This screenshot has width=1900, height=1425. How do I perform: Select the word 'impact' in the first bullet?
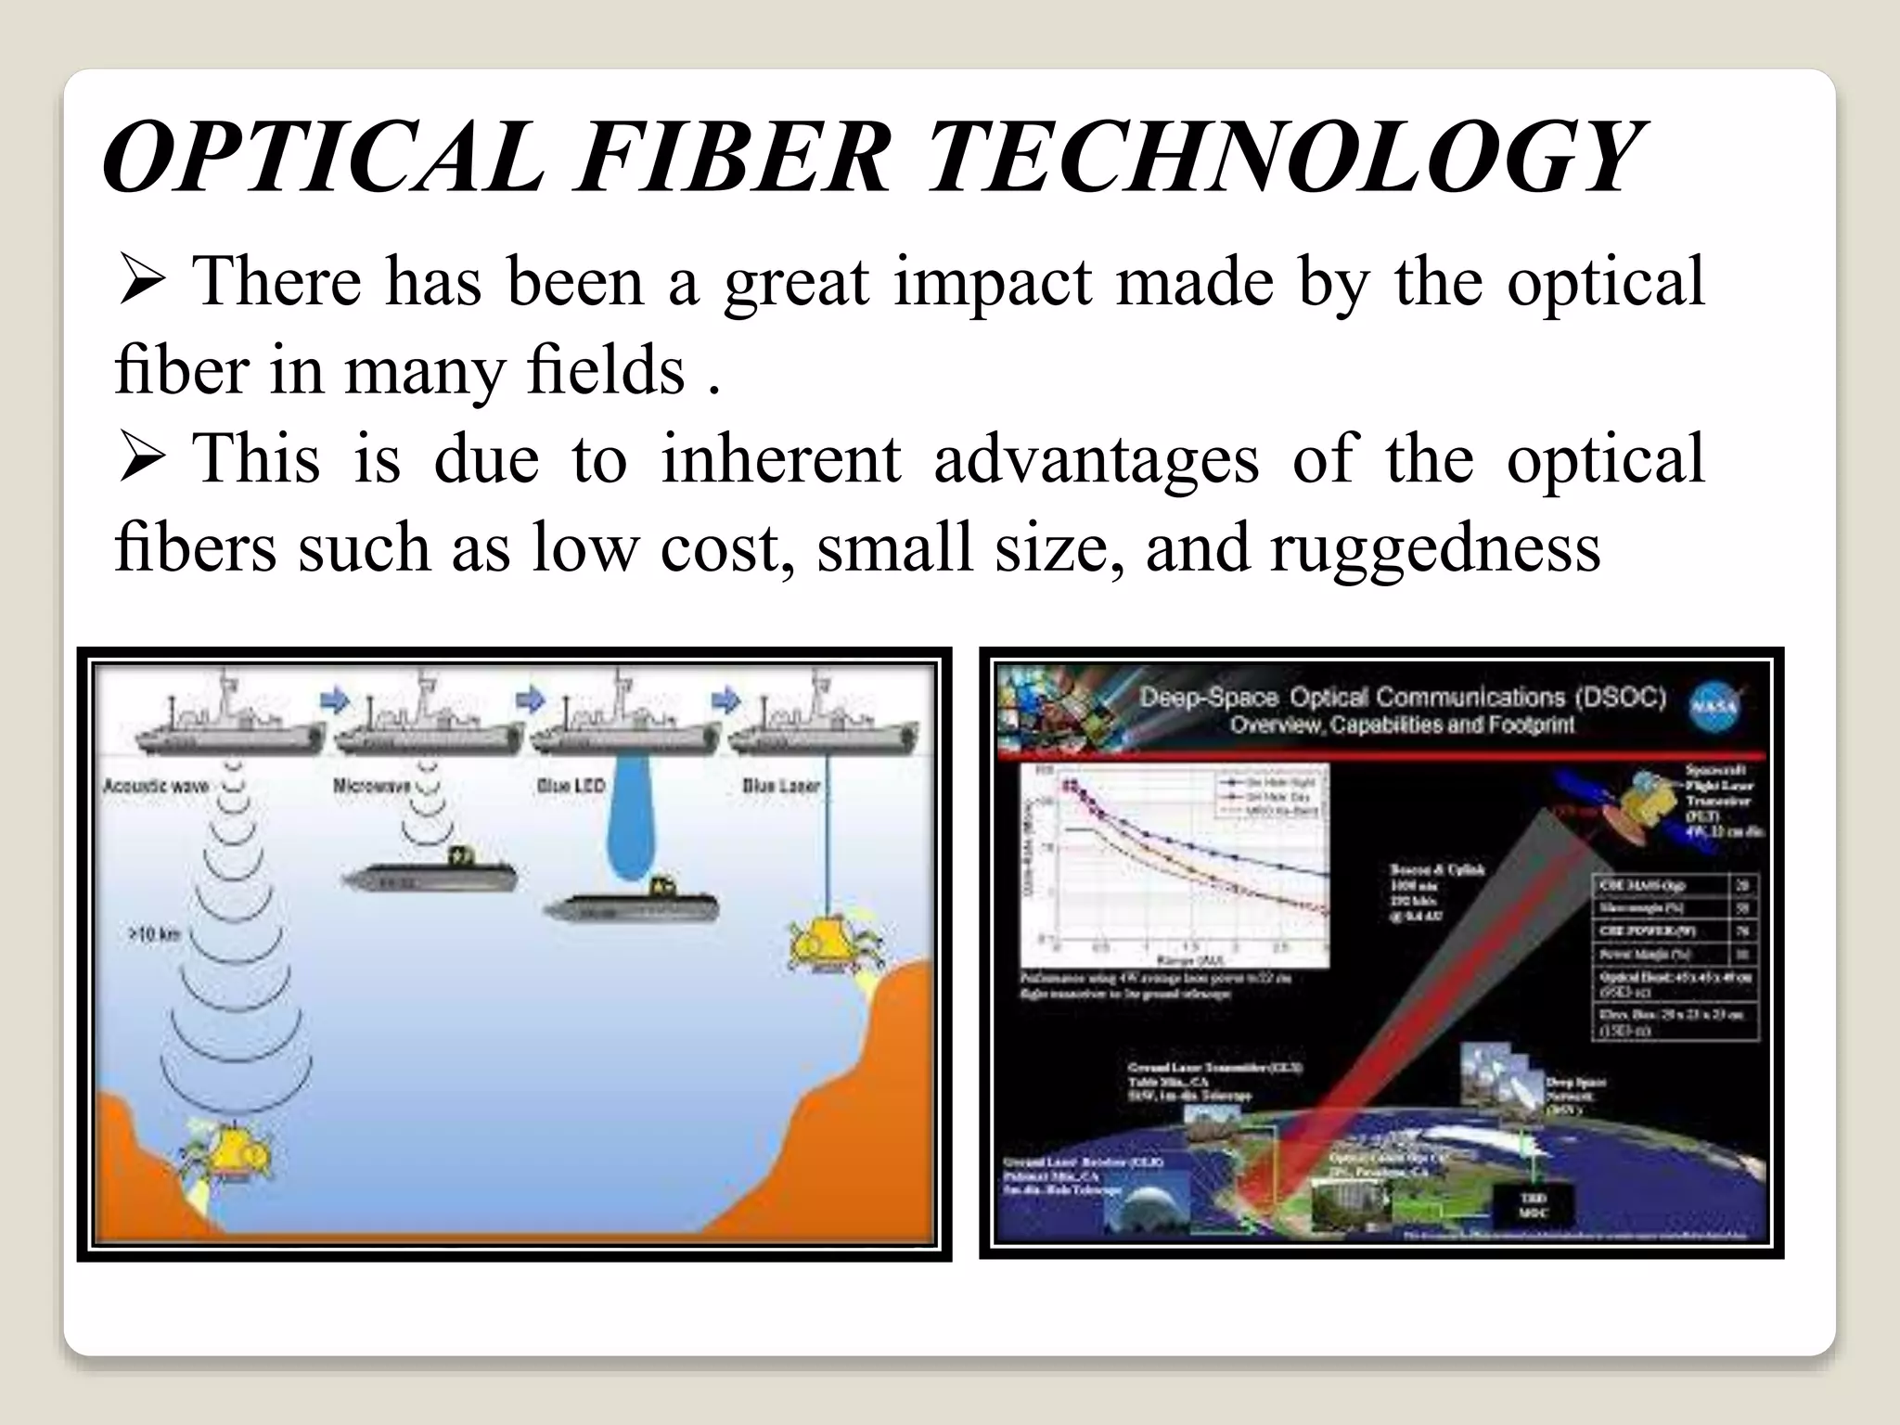(x=993, y=282)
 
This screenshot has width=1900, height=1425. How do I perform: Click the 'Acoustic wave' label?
(x=155, y=787)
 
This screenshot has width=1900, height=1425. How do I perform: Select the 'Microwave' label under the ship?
(x=371, y=786)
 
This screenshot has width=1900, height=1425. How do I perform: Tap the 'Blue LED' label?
(x=570, y=786)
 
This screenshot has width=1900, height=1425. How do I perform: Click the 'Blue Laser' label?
(x=780, y=786)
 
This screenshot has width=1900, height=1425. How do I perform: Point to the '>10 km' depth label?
(x=153, y=934)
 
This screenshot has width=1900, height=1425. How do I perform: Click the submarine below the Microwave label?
(x=430, y=874)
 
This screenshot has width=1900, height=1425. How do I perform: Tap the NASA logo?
(x=1715, y=708)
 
